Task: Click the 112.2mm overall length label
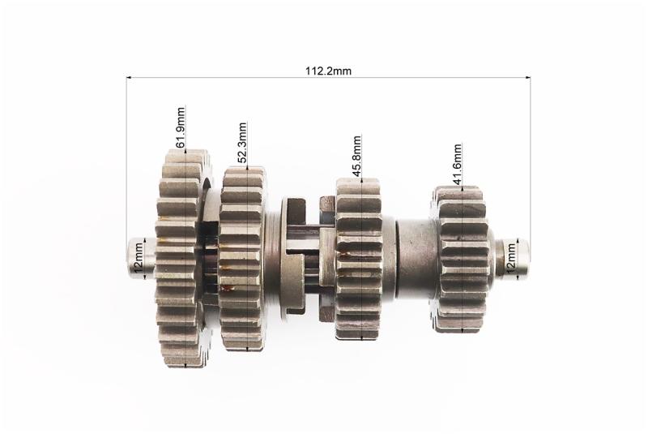click(328, 71)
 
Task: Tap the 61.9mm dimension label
click(181, 127)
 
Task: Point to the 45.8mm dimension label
click(356, 156)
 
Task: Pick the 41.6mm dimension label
click(457, 164)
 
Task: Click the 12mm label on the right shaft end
click(511, 258)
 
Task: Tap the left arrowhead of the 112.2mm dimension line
click(129, 77)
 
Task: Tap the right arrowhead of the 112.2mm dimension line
click(528, 77)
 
